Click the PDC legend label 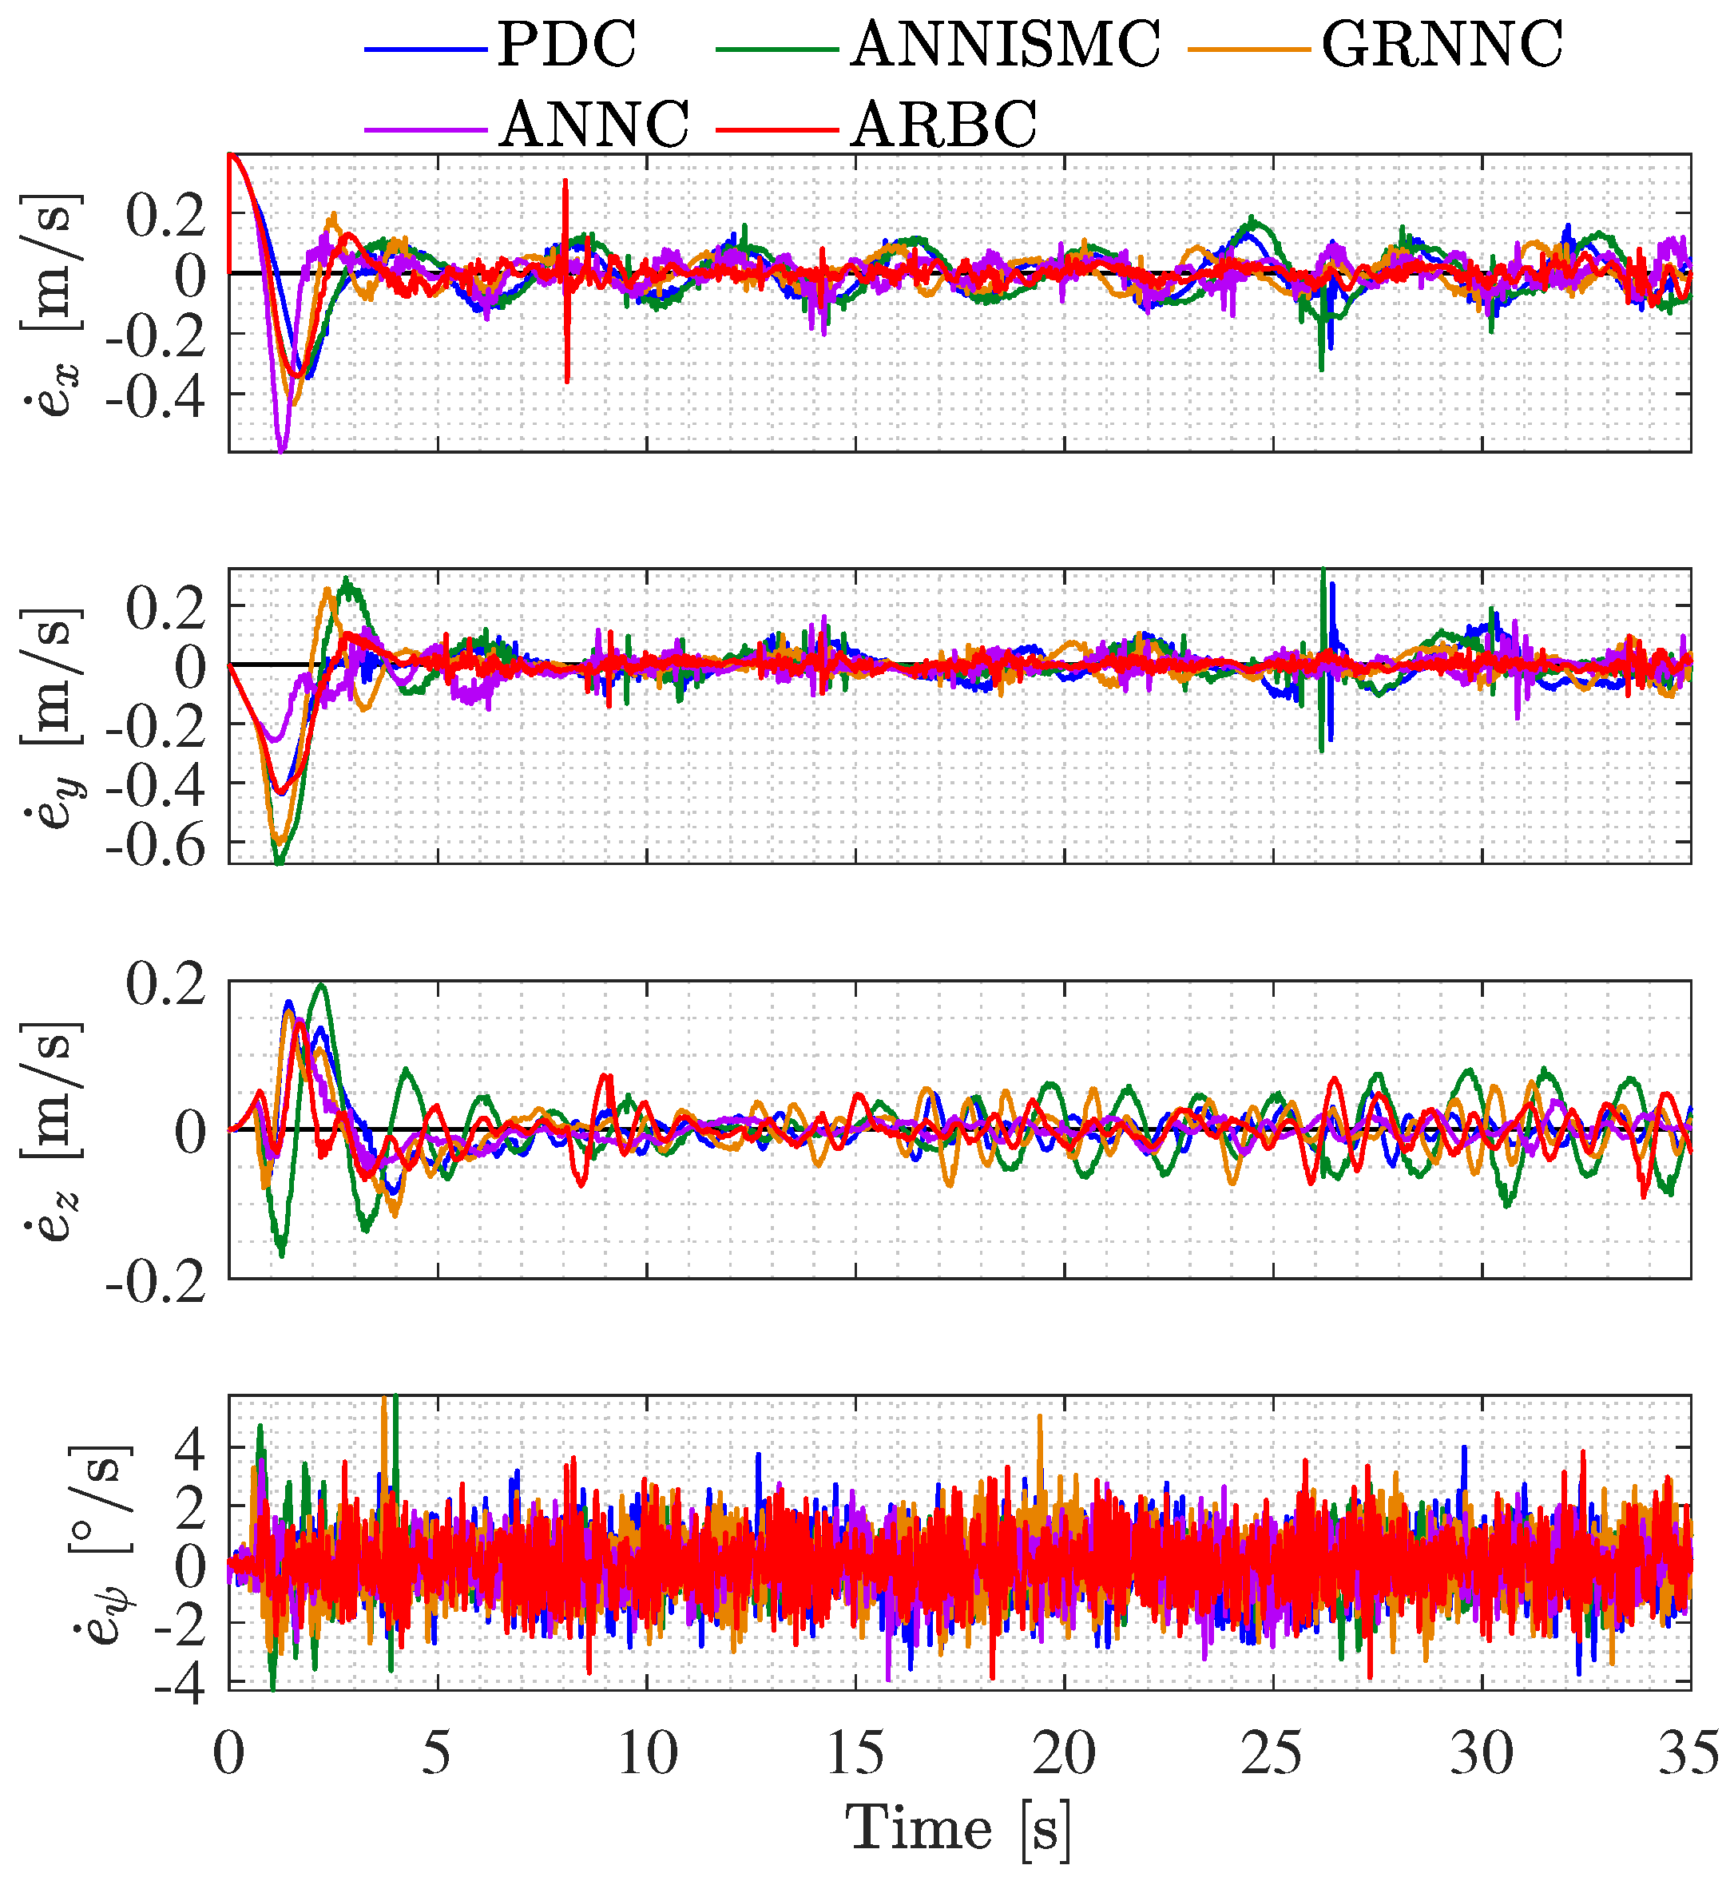567,44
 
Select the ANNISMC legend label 1006,44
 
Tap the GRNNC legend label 1442,44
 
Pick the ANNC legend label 594,124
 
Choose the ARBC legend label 944,124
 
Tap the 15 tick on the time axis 855,1753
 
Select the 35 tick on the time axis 1689,1753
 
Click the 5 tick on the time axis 436,1753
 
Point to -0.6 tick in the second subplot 156,847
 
